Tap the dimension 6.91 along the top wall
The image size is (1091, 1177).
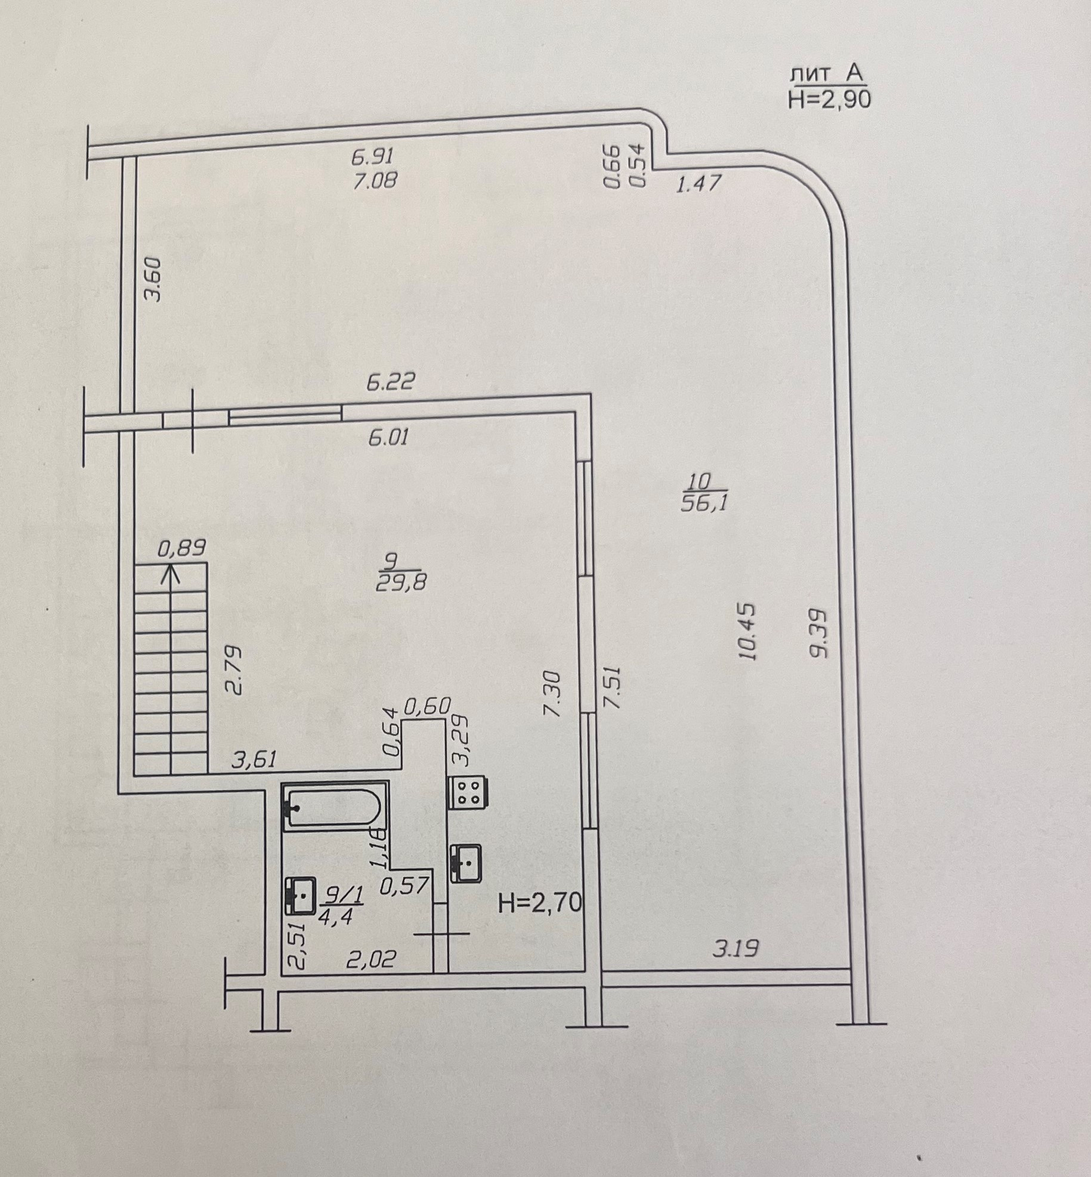[372, 156]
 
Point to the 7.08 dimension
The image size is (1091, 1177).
[375, 180]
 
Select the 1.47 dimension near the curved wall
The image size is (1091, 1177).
[699, 183]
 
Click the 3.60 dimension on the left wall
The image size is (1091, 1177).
[154, 279]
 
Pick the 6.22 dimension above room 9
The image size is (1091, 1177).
[390, 381]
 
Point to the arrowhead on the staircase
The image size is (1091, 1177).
[171, 574]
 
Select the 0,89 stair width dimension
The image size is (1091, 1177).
[182, 548]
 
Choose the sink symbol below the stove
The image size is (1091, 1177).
[467, 863]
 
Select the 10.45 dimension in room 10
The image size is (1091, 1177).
[747, 632]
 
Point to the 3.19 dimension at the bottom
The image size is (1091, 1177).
[735, 948]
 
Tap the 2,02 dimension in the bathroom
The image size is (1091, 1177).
[371, 959]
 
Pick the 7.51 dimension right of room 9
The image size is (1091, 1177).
[613, 688]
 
